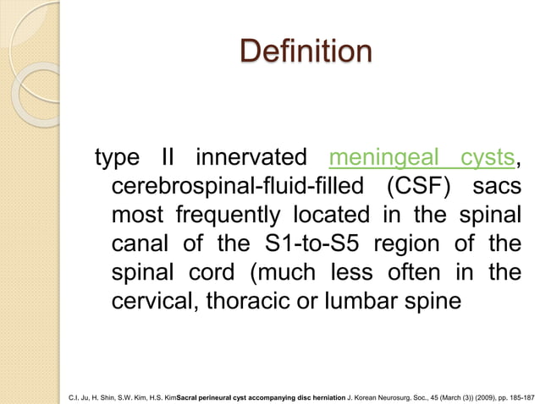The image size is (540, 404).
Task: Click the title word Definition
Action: click(x=306, y=51)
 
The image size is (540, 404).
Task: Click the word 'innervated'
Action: click(x=251, y=158)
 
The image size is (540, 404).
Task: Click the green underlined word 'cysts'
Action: click(x=488, y=158)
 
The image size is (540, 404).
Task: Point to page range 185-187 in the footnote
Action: click(x=520, y=394)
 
